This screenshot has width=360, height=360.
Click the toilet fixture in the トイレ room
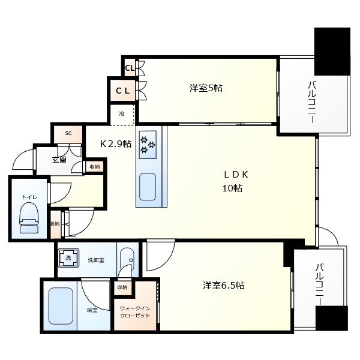29,218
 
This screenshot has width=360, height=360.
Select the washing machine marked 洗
68,258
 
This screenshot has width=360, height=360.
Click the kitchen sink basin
148,187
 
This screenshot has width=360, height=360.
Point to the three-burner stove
148,145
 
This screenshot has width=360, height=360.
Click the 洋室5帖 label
206,88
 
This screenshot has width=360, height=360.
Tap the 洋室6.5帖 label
223,286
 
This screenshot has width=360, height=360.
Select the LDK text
236,175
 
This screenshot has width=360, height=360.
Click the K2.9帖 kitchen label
116,144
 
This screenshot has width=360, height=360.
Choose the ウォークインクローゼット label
135,312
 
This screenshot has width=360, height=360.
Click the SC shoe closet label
68,133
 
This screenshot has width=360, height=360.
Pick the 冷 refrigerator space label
122,113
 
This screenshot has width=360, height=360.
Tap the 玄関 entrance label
59,160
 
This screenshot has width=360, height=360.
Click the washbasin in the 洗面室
127,260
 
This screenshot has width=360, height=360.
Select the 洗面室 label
96,260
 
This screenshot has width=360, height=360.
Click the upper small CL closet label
130,68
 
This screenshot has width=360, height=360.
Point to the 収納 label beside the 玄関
95,167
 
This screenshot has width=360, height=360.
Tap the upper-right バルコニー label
312,103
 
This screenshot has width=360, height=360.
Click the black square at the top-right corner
332,51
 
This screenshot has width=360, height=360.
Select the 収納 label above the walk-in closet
122,287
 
